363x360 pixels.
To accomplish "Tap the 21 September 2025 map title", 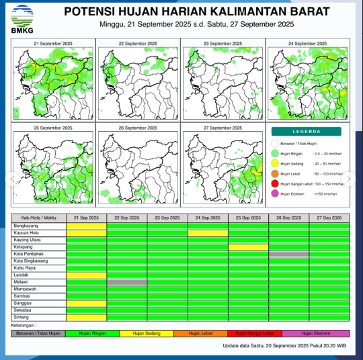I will pos(53,43).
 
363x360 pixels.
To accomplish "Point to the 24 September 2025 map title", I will pos(307,43).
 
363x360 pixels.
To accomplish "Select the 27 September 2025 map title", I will pos(223,128).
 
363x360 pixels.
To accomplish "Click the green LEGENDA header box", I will pos(307,132).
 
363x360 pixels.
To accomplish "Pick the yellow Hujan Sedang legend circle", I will pos(274,163).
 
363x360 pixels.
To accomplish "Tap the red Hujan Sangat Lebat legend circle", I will pos(274,183).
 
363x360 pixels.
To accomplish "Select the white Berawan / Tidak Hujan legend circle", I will pos(274,143).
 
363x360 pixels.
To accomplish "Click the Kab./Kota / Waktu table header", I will pos(39,218).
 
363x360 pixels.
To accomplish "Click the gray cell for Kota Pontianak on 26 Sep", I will pos(289,254).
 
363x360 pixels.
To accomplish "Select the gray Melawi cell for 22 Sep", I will pos(127,282).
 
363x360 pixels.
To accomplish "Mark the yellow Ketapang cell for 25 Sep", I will pos(249,246).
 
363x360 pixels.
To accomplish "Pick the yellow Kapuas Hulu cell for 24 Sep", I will pos(208,232).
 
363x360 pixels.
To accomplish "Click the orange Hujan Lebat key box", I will pos(202,333).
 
